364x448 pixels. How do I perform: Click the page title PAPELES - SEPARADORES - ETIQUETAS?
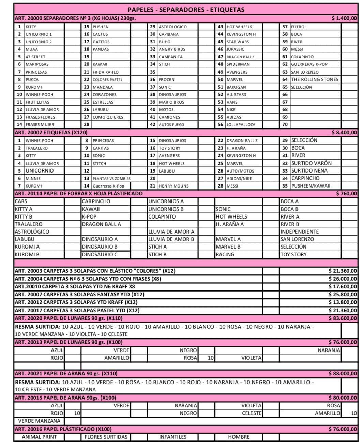pyautogui.click(x=186, y=10)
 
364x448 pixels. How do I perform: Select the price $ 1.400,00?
pyautogui.click(x=344, y=18)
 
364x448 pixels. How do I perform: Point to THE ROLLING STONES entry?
pyautogui.click(x=315, y=79)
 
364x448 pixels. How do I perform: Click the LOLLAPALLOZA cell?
pyautogui.click(x=241, y=125)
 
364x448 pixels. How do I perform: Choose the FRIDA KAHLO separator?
pyautogui.click(x=106, y=72)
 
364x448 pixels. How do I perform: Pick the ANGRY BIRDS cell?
pyautogui.click(x=172, y=49)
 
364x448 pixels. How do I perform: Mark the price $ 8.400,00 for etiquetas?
pyautogui.click(x=344, y=133)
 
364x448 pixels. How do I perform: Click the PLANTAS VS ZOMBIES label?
pyautogui.click(x=111, y=178)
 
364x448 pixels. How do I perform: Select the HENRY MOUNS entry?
pyautogui.click(x=173, y=186)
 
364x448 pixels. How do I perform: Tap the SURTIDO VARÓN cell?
pyautogui.click(x=311, y=163)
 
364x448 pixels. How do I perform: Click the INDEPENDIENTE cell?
pyautogui.click(x=299, y=232)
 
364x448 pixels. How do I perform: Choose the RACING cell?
pyautogui.click(x=225, y=255)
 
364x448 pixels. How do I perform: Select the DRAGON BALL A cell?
pyautogui.click(x=101, y=224)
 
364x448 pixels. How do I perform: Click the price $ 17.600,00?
pyautogui.click(x=343, y=287)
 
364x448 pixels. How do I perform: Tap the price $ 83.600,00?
pyautogui.click(x=343, y=318)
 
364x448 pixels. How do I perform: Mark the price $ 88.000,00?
pyautogui.click(x=343, y=374)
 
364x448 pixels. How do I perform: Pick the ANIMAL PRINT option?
pyautogui.click(x=39, y=437)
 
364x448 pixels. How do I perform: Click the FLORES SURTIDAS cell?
pyautogui.click(x=106, y=437)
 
